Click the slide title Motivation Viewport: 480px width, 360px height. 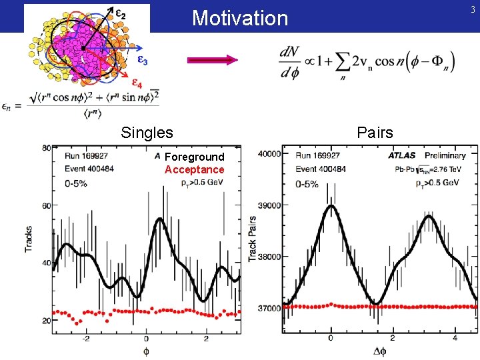[240, 18]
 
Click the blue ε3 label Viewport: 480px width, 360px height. [142, 59]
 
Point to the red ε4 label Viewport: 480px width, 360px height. [135, 84]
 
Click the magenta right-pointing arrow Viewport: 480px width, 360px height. [213, 60]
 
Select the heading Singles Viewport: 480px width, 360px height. [147, 133]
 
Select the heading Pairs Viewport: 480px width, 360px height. [375, 133]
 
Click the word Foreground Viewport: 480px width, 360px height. [195, 157]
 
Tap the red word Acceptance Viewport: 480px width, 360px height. [195, 169]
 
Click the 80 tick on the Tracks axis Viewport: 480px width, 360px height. [46, 148]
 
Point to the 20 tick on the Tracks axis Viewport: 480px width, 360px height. [46, 321]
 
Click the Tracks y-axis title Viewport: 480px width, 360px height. [29, 237]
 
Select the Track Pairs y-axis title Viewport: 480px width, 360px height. [253, 238]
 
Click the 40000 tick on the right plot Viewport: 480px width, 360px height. [270, 154]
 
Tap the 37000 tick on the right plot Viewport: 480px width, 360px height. [270, 309]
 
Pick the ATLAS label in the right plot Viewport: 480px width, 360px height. [405, 155]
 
